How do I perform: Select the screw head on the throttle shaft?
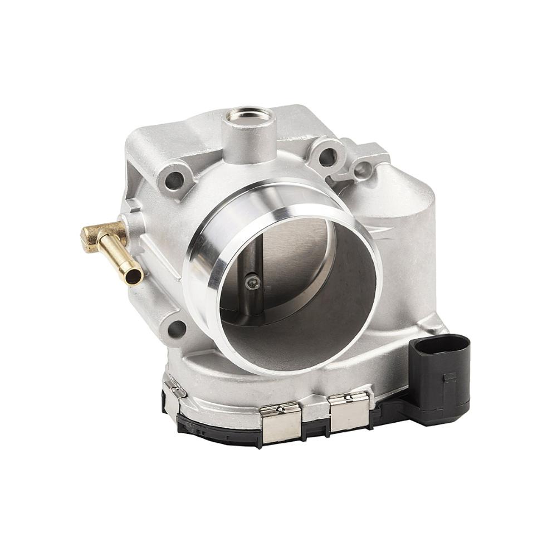[x=252, y=283]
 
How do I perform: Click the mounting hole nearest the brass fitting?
[x=174, y=179]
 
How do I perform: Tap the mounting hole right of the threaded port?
[x=328, y=157]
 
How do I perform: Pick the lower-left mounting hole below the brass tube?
[x=177, y=329]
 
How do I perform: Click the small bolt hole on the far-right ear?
[x=363, y=169]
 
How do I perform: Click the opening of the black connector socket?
[x=439, y=344]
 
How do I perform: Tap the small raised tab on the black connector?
[x=449, y=378]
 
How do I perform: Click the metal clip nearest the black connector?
[x=349, y=411]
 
